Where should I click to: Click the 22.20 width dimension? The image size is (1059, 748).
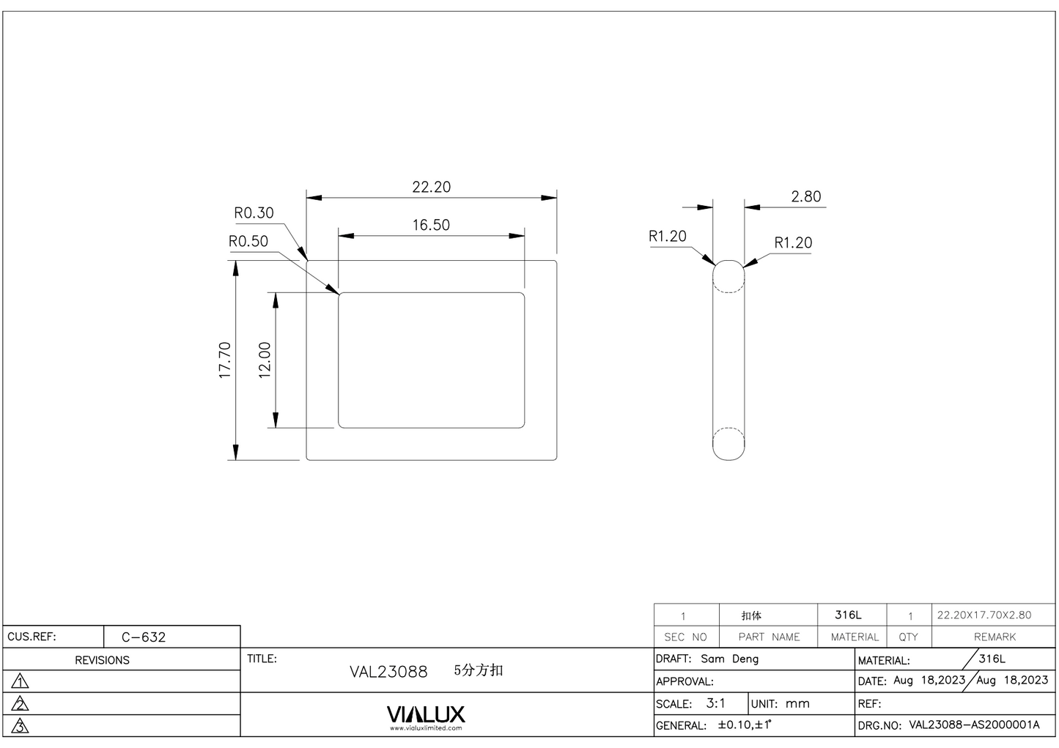431,187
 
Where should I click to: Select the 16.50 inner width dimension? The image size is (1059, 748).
431,225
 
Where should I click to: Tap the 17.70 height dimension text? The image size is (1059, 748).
225,360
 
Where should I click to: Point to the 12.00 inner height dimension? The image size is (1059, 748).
265,360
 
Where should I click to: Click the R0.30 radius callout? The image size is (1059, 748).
254,213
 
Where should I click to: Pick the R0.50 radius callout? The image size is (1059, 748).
248,242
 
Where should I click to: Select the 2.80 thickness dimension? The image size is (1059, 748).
805,196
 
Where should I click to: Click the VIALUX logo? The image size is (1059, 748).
426,715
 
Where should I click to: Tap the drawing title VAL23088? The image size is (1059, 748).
388,672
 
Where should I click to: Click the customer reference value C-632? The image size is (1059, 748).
144,637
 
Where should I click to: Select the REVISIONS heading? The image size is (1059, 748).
102,660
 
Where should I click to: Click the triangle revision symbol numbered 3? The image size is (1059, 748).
21,727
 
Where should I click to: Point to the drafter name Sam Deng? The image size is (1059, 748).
729,659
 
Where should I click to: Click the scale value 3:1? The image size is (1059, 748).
715,704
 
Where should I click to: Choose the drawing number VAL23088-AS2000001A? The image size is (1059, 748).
974,725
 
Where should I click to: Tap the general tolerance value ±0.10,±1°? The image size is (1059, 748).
745,725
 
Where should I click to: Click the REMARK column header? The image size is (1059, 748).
995,637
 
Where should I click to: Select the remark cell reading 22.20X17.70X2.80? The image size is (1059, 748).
984,615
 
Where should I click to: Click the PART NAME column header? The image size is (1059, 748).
769,637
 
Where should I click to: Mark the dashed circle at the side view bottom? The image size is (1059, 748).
728,442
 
